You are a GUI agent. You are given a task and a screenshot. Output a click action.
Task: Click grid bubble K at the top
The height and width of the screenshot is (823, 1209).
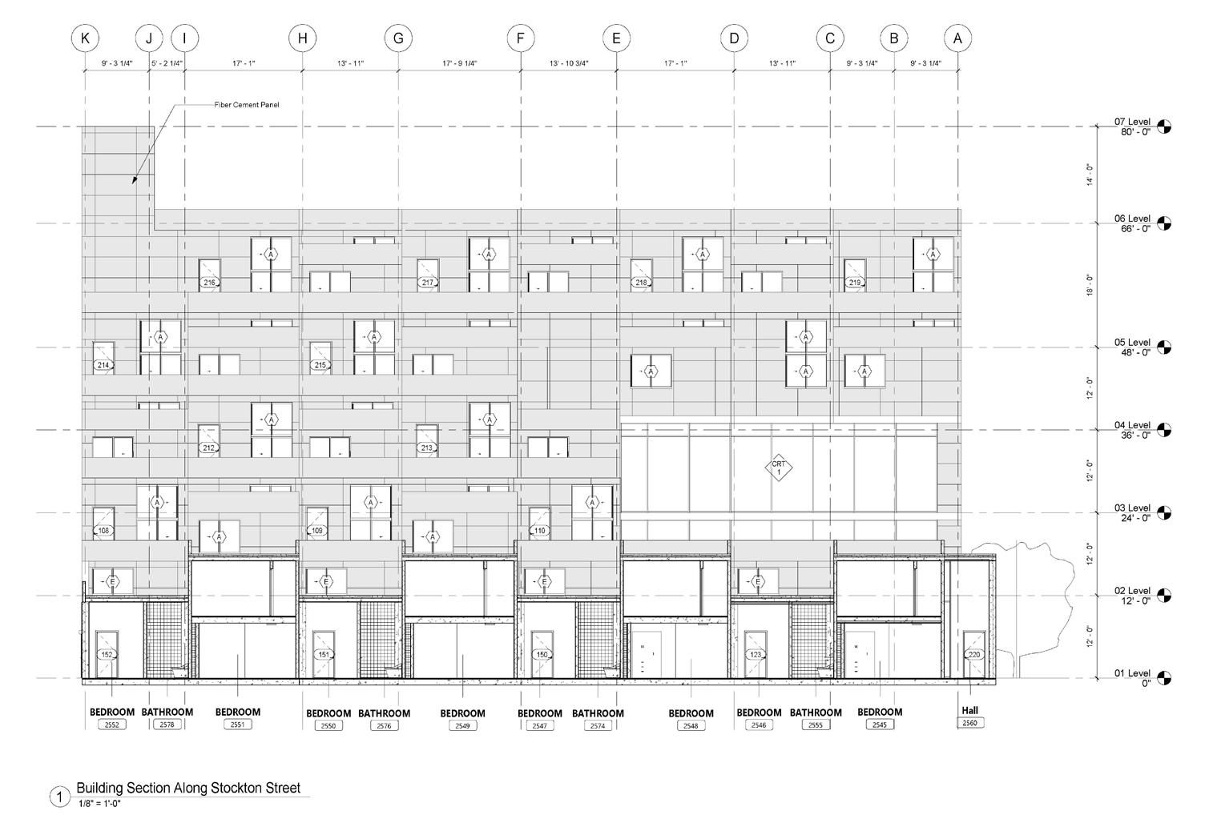point(85,38)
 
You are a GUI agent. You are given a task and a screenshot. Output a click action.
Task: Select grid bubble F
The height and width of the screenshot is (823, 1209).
point(520,38)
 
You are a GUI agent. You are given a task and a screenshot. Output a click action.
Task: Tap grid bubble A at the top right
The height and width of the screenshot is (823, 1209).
point(957,38)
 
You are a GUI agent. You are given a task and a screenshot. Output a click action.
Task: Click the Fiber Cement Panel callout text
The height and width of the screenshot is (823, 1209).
point(247,105)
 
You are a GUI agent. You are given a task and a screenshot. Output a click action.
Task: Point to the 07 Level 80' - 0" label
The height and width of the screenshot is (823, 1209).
point(1132,126)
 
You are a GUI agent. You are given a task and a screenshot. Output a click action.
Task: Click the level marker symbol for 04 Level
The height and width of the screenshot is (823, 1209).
point(1163,430)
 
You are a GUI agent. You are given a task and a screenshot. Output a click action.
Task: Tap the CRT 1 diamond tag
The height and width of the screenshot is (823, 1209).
point(777,469)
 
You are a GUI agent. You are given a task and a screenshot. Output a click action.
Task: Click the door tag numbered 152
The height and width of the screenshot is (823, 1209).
point(107,655)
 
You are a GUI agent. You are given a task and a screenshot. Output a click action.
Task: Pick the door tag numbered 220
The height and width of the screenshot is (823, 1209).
point(974,655)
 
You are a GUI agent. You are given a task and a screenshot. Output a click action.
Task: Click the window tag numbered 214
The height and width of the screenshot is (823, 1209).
point(103,365)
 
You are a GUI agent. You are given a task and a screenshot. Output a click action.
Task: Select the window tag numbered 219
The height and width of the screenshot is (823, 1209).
point(854,283)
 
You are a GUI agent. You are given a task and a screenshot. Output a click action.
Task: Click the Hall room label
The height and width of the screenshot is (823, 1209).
point(970,710)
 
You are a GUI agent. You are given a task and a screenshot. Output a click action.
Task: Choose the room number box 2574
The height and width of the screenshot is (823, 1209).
point(598,726)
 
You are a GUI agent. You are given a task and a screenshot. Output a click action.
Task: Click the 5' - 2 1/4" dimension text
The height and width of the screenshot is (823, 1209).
point(167,63)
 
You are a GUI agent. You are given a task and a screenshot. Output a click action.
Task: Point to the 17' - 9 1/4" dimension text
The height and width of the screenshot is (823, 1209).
point(459,63)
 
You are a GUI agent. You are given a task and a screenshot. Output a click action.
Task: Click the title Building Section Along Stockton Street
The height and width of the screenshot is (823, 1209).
point(188,788)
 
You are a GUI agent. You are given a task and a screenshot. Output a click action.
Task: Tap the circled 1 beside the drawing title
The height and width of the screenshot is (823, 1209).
point(58,797)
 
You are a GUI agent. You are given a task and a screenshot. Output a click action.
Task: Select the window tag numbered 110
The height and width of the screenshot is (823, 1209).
point(540,531)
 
